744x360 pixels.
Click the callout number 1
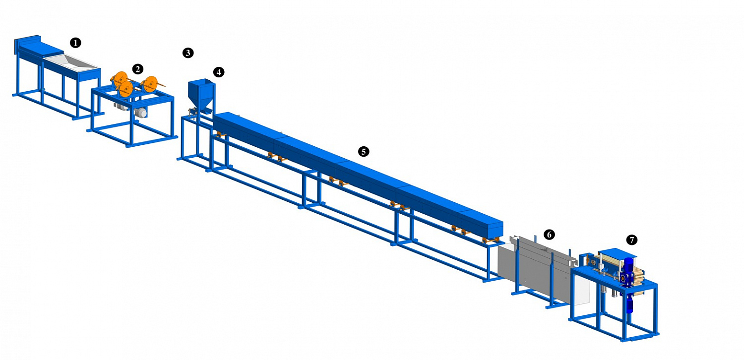click(75, 43)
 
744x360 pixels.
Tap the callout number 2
click(137, 69)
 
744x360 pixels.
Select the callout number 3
click(188, 53)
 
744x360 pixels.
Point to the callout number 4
click(219, 72)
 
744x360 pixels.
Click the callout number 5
click(364, 151)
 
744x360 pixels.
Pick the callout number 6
click(549, 235)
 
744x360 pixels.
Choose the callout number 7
click(631, 240)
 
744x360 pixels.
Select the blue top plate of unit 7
click(617, 253)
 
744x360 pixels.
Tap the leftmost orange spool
click(119, 78)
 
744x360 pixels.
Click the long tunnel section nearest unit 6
click(480, 224)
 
